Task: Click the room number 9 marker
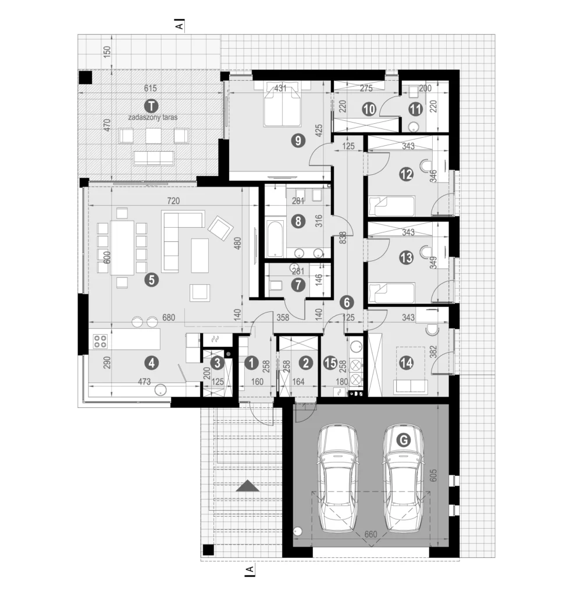click(298, 141)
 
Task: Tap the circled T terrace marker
click(152, 105)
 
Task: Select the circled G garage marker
click(404, 440)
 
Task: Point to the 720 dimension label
click(173, 200)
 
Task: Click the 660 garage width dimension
click(370, 535)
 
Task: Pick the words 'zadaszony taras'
click(153, 117)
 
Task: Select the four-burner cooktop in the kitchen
click(100, 341)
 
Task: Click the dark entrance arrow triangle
click(248, 486)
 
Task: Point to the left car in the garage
click(338, 477)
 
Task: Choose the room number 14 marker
click(406, 363)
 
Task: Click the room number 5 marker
click(152, 280)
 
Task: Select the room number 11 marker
click(416, 109)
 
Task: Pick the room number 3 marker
click(218, 363)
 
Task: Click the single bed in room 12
click(391, 206)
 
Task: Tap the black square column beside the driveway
click(208, 550)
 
